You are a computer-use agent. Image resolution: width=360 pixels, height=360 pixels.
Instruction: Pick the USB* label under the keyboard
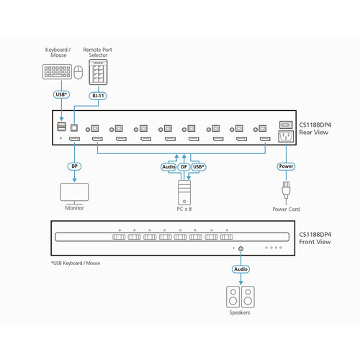(x=61, y=94)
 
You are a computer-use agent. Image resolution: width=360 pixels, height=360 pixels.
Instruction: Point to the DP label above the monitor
(x=73, y=165)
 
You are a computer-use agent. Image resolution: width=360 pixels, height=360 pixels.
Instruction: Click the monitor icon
(x=73, y=192)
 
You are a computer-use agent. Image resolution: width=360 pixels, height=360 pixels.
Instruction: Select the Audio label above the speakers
(x=240, y=269)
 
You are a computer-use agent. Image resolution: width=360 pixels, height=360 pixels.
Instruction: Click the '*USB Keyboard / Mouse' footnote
(x=71, y=263)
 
